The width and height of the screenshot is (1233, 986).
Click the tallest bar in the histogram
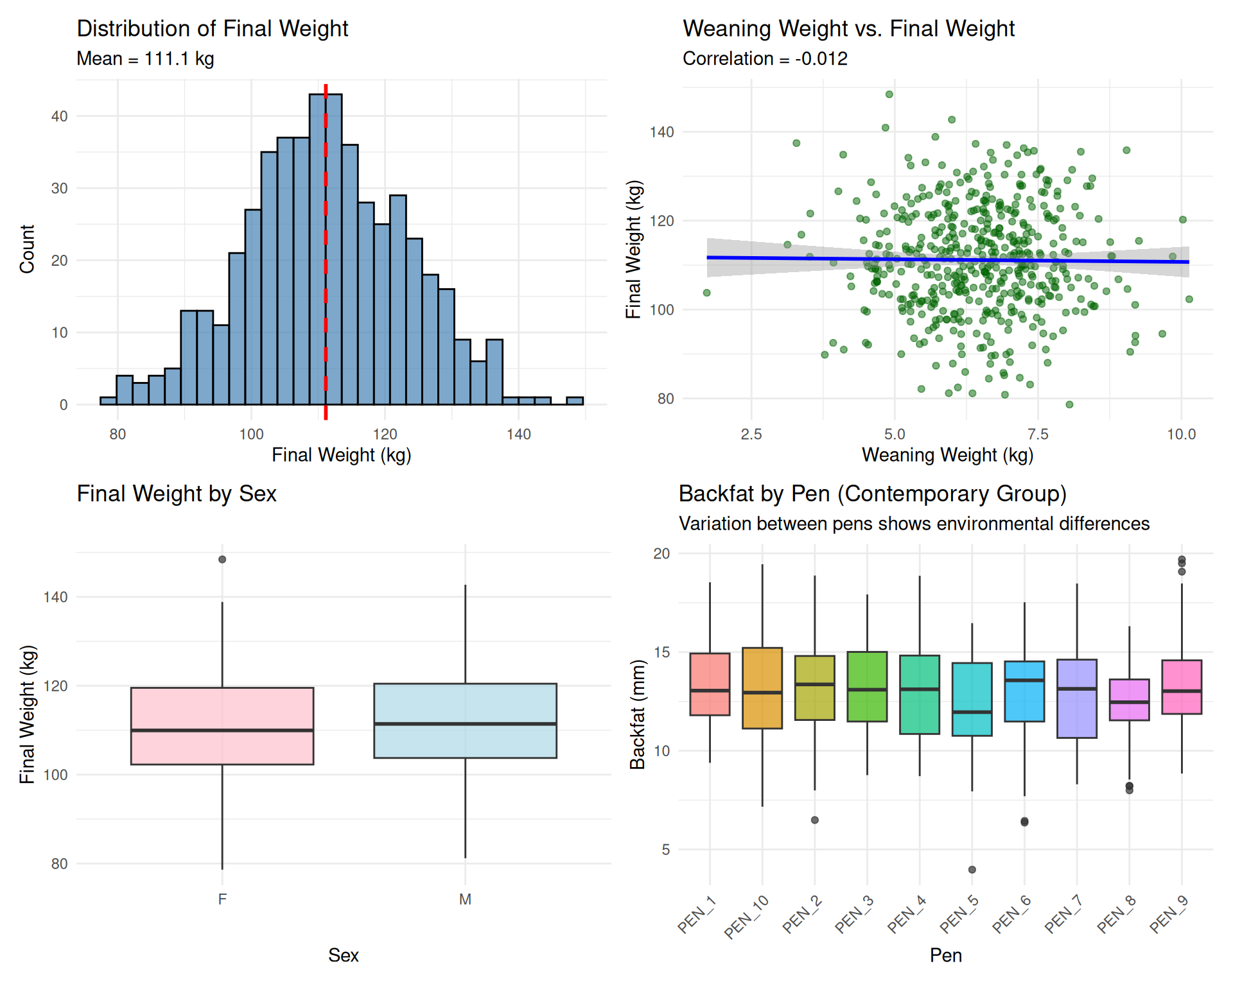click(x=317, y=257)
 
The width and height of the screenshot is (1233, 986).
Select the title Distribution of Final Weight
click(x=212, y=29)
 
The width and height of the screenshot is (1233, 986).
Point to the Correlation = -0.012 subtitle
click(x=764, y=59)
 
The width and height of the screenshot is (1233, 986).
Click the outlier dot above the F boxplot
click(x=222, y=560)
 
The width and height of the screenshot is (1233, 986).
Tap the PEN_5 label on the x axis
click(x=959, y=914)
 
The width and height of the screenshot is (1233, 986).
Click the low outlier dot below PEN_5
click(x=972, y=870)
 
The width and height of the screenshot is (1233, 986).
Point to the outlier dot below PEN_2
click(x=815, y=820)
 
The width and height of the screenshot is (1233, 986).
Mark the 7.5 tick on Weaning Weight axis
click(x=1038, y=435)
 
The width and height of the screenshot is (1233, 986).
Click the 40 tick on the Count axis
click(x=60, y=116)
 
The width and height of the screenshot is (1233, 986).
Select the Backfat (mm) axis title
click(x=637, y=714)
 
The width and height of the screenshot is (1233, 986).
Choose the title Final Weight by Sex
click(x=177, y=494)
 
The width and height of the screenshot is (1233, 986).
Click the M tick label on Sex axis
click(x=465, y=899)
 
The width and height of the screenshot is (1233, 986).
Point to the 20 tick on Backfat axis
click(x=661, y=553)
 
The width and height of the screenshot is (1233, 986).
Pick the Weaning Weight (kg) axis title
click(x=947, y=455)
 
